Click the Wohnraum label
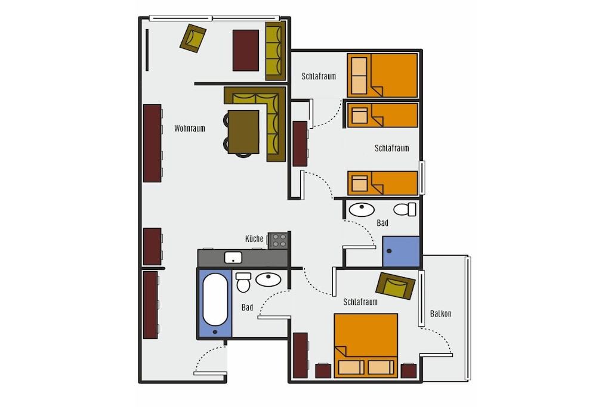pyautogui.click(x=189, y=128)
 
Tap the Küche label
pyautogui.click(x=254, y=238)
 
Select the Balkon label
pyautogui.click(x=441, y=313)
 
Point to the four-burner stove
pyautogui.click(x=278, y=241)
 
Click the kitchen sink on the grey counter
pyautogui.click(x=233, y=257)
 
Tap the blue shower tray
pyautogui.click(x=401, y=251)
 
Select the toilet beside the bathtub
pyautogui.click(x=243, y=282)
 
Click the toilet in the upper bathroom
pyautogui.click(x=405, y=209)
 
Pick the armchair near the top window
pyautogui.click(x=193, y=38)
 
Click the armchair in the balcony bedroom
pyautogui.click(x=395, y=286)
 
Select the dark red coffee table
pyautogui.click(x=246, y=50)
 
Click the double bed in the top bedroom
pyautogui.click(x=382, y=75)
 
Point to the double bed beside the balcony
pyautogui.click(x=366, y=346)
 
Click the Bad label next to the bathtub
pyautogui.click(x=247, y=307)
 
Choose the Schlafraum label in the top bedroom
pyautogui.click(x=319, y=76)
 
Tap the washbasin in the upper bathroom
pyautogui.click(x=362, y=209)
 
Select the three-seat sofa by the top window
pyautogui.click(x=276, y=51)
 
